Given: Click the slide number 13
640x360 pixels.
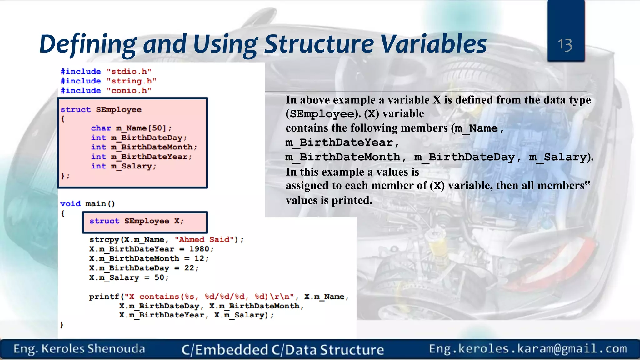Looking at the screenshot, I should (565, 45).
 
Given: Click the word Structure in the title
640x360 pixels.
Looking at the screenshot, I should (319, 44).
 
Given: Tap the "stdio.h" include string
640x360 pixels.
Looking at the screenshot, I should (129, 72).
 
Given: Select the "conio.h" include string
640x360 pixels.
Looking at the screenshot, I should (129, 91).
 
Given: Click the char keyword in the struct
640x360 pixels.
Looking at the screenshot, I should (101, 128).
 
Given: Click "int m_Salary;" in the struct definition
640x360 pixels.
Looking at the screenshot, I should (123, 166).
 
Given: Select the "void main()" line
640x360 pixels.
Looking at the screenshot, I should (87, 204).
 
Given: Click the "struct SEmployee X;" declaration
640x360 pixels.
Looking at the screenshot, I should (137, 221).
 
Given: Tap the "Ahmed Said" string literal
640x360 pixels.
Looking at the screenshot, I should (205, 240).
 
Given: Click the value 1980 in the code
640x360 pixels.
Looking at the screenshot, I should (199, 249).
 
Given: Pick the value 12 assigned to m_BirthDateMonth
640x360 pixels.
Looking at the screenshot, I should (199, 259).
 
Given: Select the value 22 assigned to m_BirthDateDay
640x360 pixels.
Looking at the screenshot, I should (189, 268).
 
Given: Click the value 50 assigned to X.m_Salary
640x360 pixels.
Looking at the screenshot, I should (159, 278).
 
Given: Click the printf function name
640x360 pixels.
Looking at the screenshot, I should (104, 297).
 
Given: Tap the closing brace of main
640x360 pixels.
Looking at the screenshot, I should (62, 325).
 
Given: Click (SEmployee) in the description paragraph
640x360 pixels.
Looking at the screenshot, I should (323, 114).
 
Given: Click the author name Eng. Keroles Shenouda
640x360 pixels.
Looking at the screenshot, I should (79, 349).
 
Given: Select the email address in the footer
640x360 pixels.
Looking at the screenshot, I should (528, 349).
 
